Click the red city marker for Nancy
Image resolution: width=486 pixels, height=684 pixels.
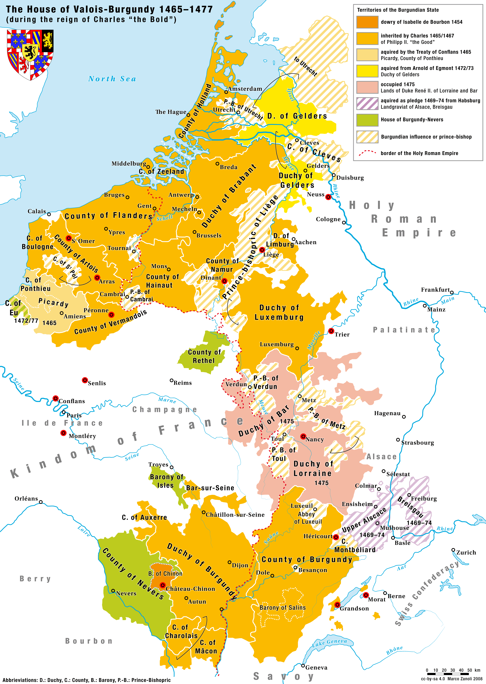pos(303,436)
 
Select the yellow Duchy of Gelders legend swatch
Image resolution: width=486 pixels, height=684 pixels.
pos(367,71)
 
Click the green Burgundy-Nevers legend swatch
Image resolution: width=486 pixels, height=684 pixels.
pos(367,120)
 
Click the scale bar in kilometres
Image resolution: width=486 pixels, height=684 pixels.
pos(448,674)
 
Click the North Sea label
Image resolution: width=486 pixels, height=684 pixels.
pos(112,79)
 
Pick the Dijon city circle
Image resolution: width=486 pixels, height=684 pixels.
pos(230,562)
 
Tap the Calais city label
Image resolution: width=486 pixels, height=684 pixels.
pos(37,211)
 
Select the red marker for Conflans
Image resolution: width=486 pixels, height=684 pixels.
pos(55,398)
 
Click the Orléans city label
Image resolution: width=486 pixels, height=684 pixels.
pos(26,498)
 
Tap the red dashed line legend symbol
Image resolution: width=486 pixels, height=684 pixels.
pos(367,153)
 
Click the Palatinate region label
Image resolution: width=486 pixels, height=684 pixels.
pos(404,330)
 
